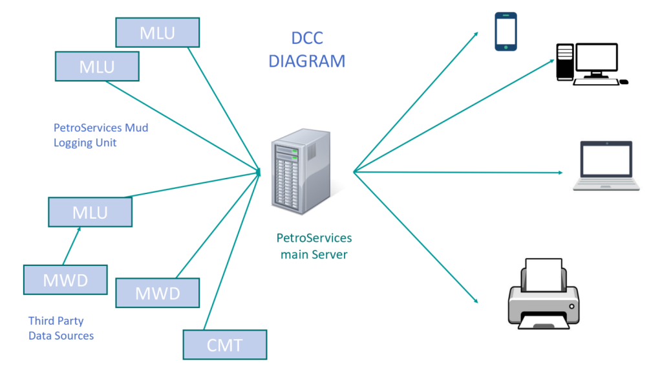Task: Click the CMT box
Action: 224,345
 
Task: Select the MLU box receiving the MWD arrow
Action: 90,212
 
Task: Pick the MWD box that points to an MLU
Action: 65,279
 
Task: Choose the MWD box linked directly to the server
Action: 157,293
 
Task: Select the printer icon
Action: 541,294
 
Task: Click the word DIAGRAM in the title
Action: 307,61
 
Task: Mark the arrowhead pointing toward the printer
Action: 475,300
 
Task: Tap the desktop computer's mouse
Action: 623,82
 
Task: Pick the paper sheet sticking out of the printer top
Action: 543,272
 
